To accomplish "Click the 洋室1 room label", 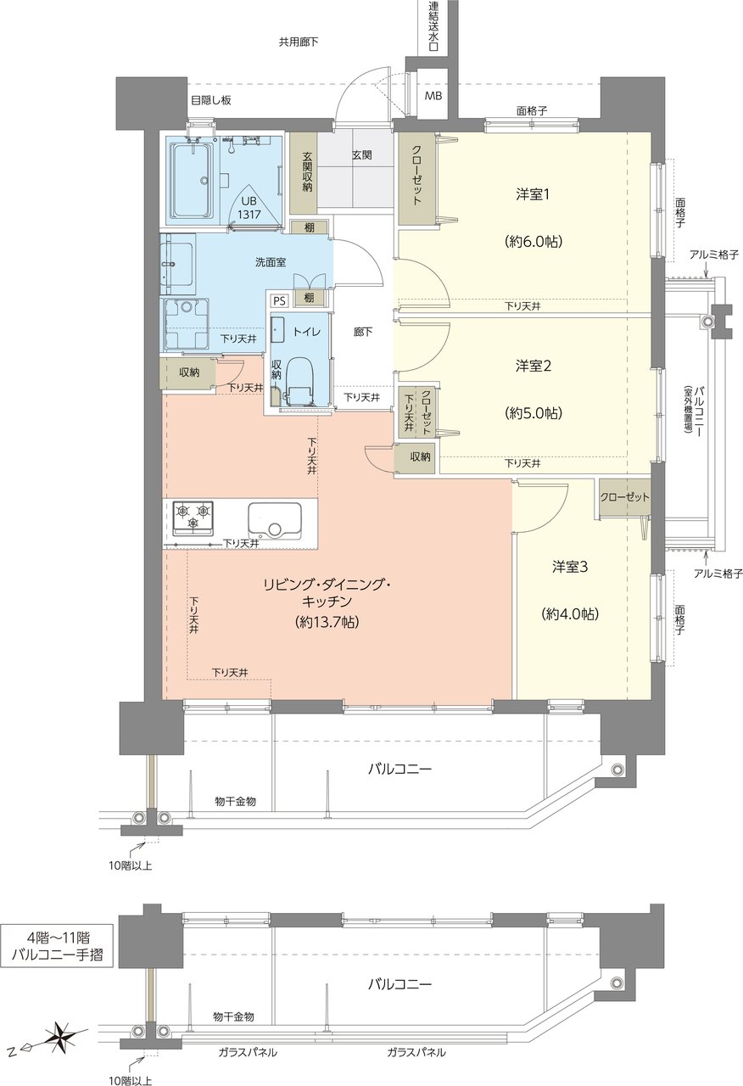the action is [532, 195].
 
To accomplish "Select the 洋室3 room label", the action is [570, 566].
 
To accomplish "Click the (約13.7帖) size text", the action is [327, 623].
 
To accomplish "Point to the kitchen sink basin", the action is [275, 520].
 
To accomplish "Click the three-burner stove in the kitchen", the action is [193, 518].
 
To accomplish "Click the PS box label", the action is [279, 301].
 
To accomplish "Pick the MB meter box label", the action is [433, 96].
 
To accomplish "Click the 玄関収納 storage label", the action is [307, 172].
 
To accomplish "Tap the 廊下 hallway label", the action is [363, 332].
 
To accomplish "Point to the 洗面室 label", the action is [271, 262].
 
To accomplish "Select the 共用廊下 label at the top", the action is [298, 42].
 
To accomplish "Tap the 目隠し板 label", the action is [211, 100].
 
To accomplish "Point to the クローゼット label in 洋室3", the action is [624, 497].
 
